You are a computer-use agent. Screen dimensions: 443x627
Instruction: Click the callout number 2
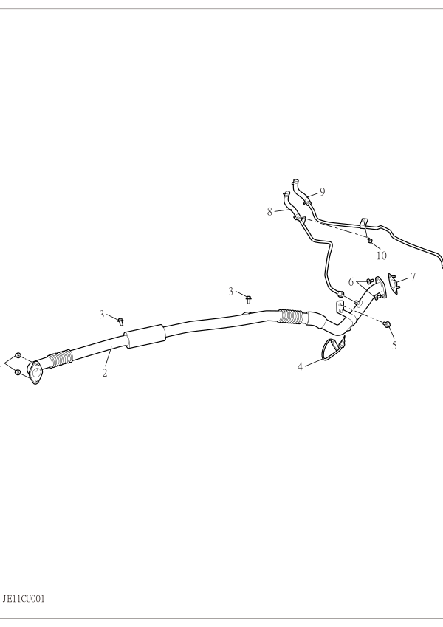point(105,373)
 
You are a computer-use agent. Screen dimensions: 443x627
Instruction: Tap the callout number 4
point(301,366)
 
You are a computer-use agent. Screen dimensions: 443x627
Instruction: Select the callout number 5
point(394,345)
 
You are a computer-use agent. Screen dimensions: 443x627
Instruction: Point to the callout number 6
point(351,282)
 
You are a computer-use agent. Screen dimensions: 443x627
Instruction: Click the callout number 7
point(413,276)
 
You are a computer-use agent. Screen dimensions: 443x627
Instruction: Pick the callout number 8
point(270,212)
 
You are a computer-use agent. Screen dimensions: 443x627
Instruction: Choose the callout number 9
point(322,192)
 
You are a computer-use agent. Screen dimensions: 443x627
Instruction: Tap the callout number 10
point(382,256)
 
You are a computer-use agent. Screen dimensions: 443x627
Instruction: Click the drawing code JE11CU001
point(24,599)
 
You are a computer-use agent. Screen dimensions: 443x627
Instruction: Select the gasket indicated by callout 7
point(394,284)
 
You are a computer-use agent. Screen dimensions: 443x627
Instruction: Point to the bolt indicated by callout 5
point(386,324)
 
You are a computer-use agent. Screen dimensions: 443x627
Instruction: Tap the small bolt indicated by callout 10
point(370,240)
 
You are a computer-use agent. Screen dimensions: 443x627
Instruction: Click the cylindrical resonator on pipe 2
point(145,336)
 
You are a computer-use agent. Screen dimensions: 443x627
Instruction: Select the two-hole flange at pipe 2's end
point(35,373)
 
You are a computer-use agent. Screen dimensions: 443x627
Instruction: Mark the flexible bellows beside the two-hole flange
point(61,358)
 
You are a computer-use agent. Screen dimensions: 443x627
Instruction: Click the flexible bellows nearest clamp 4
point(291,316)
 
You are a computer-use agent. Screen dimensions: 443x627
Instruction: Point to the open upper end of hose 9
point(295,182)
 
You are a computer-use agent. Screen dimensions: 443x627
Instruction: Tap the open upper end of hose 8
point(286,193)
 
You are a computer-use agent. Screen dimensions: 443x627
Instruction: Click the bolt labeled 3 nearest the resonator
point(121,321)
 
